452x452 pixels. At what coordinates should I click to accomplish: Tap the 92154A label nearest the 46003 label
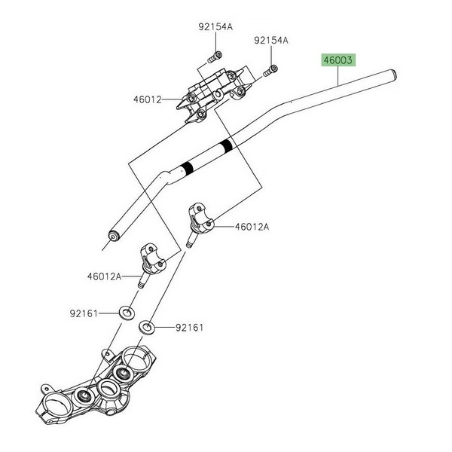(271, 40)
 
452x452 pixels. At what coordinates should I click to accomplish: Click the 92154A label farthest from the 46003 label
(215, 27)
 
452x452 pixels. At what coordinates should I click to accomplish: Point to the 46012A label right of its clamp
(252, 226)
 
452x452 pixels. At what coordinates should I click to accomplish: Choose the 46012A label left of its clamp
(104, 276)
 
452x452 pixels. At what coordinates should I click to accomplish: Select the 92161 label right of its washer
(190, 328)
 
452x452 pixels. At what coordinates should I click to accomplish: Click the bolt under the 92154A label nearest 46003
(269, 72)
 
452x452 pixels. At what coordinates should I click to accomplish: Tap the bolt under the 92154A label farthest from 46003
(215, 55)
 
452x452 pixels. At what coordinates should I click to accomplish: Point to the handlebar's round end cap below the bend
(114, 235)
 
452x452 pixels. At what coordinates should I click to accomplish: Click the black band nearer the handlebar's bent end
(185, 169)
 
